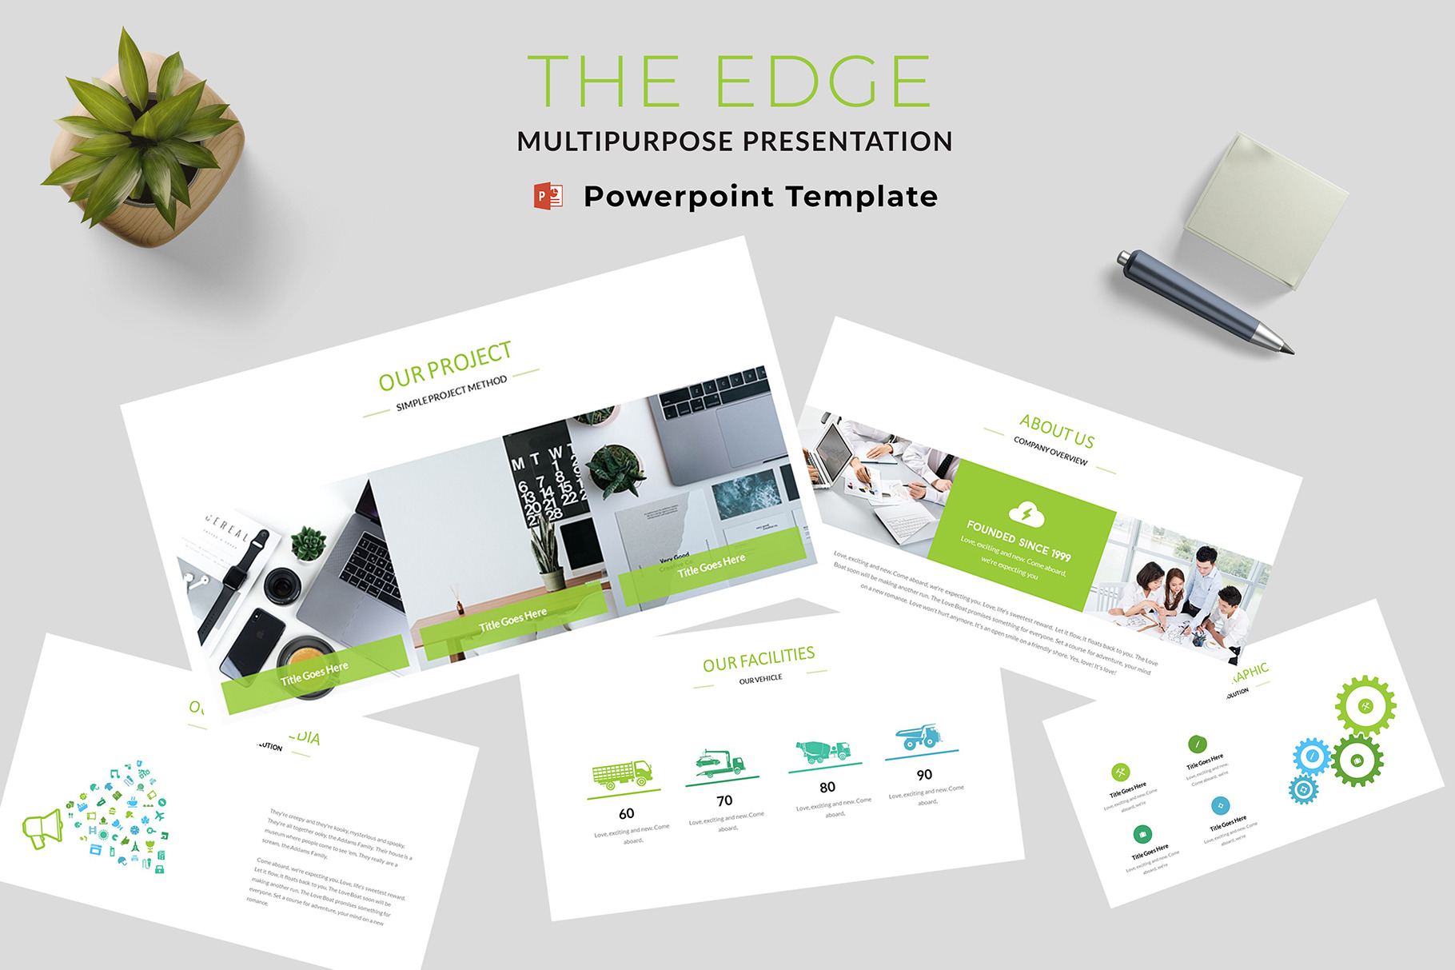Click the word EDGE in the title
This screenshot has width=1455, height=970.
tap(823, 82)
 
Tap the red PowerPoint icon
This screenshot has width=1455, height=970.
tap(548, 196)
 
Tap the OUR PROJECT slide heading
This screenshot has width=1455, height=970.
tap(444, 365)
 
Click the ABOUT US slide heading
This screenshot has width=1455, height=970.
tap(1057, 431)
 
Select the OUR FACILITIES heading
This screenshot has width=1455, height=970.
tap(759, 659)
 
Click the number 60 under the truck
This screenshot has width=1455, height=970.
tap(627, 813)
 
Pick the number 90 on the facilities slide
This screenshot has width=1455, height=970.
tap(924, 774)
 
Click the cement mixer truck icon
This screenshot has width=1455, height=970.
tap(823, 751)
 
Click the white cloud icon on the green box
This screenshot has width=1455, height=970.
tap(1026, 514)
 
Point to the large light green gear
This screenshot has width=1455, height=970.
tap(1365, 705)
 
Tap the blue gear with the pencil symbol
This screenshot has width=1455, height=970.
tap(1311, 756)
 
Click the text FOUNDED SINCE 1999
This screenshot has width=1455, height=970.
tap(1019, 541)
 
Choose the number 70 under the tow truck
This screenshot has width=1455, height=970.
tap(724, 800)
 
